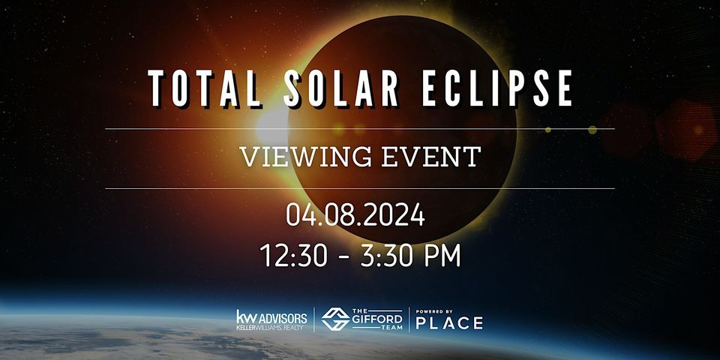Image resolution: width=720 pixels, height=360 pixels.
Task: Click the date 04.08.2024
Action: (355, 217)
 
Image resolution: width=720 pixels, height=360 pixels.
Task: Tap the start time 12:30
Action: (291, 256)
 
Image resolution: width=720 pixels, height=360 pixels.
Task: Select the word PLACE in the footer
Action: (449, 323)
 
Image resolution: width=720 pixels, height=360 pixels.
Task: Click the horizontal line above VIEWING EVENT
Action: (360, 129)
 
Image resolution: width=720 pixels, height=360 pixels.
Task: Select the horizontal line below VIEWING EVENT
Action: (360, 188)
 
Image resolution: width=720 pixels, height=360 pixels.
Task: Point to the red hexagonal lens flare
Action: (685, 129)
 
